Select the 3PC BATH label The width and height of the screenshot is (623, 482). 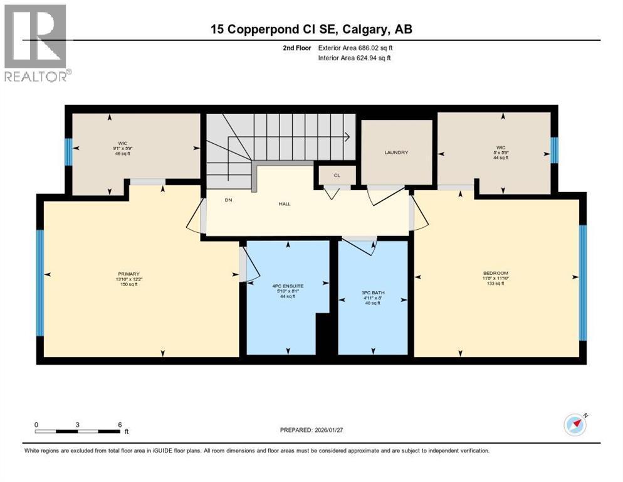372,293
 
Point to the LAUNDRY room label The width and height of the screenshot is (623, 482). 396,153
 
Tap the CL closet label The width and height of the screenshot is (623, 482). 337,176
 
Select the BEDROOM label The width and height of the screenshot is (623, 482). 495,273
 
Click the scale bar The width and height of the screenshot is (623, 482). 78,431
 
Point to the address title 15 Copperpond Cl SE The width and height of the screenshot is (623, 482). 311,29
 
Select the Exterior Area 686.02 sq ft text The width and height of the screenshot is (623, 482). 355,48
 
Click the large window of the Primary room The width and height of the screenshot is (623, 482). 40,283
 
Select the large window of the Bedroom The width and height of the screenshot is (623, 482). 582,282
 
